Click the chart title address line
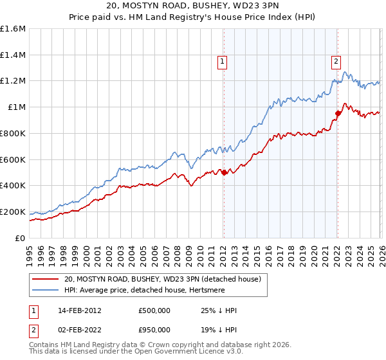coord(193,6)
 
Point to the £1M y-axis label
coord(17,107)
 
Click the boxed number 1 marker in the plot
coord(222,62)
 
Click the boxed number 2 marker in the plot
coord(336,62)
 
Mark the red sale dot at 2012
coord(224,172)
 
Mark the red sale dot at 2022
coord(337,113)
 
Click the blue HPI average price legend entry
coord(147,291)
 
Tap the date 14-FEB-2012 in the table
coord(80,310)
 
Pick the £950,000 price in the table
coord(154,329)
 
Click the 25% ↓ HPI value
coord(219,310)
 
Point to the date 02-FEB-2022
coord(80,329)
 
